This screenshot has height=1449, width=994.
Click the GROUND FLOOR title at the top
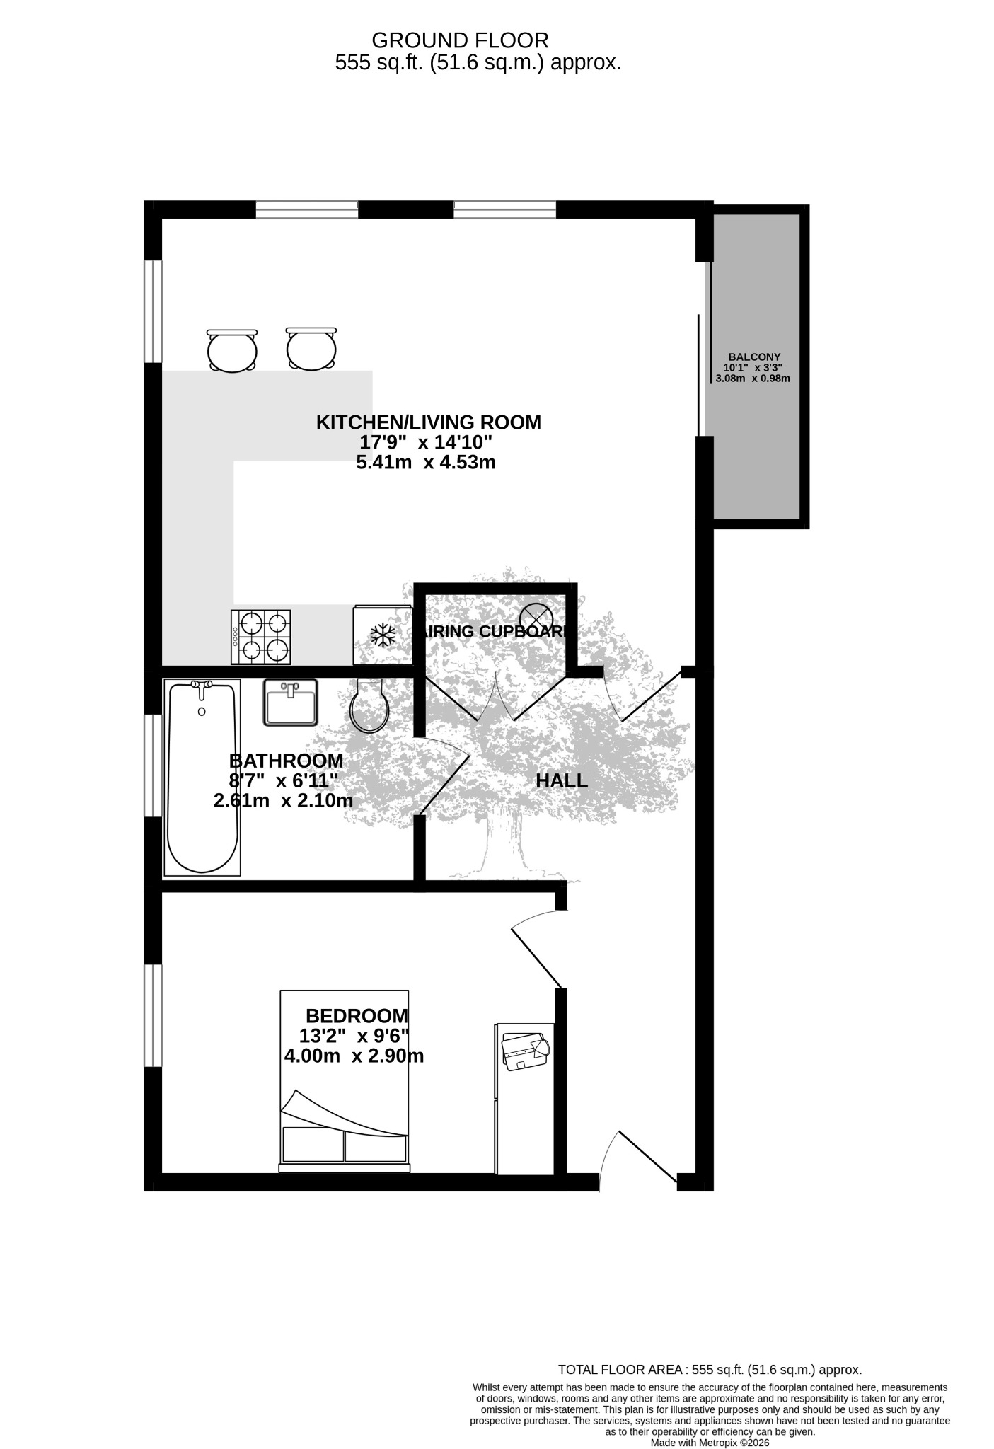[460, 40]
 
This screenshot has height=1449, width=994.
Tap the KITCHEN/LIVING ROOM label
[428, 422]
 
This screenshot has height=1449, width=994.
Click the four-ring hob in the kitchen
[260, 637]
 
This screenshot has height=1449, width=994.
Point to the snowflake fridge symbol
[383, 635]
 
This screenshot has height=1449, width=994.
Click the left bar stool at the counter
[232, 350]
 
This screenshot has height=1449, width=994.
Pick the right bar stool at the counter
[311, 349]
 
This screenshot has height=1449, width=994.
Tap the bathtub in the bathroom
[202, 776]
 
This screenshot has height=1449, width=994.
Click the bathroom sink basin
[290, 702]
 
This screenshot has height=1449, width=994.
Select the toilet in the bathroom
[369, 705]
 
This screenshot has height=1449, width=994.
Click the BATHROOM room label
[286, 761]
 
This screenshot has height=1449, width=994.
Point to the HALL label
[562, 781]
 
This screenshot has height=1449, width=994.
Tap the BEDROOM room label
[357, 1016]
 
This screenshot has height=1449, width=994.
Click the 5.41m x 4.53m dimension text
[425, 463]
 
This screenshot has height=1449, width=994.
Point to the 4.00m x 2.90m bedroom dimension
[354, 1056]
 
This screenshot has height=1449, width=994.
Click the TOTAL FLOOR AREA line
[710, 1370]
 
